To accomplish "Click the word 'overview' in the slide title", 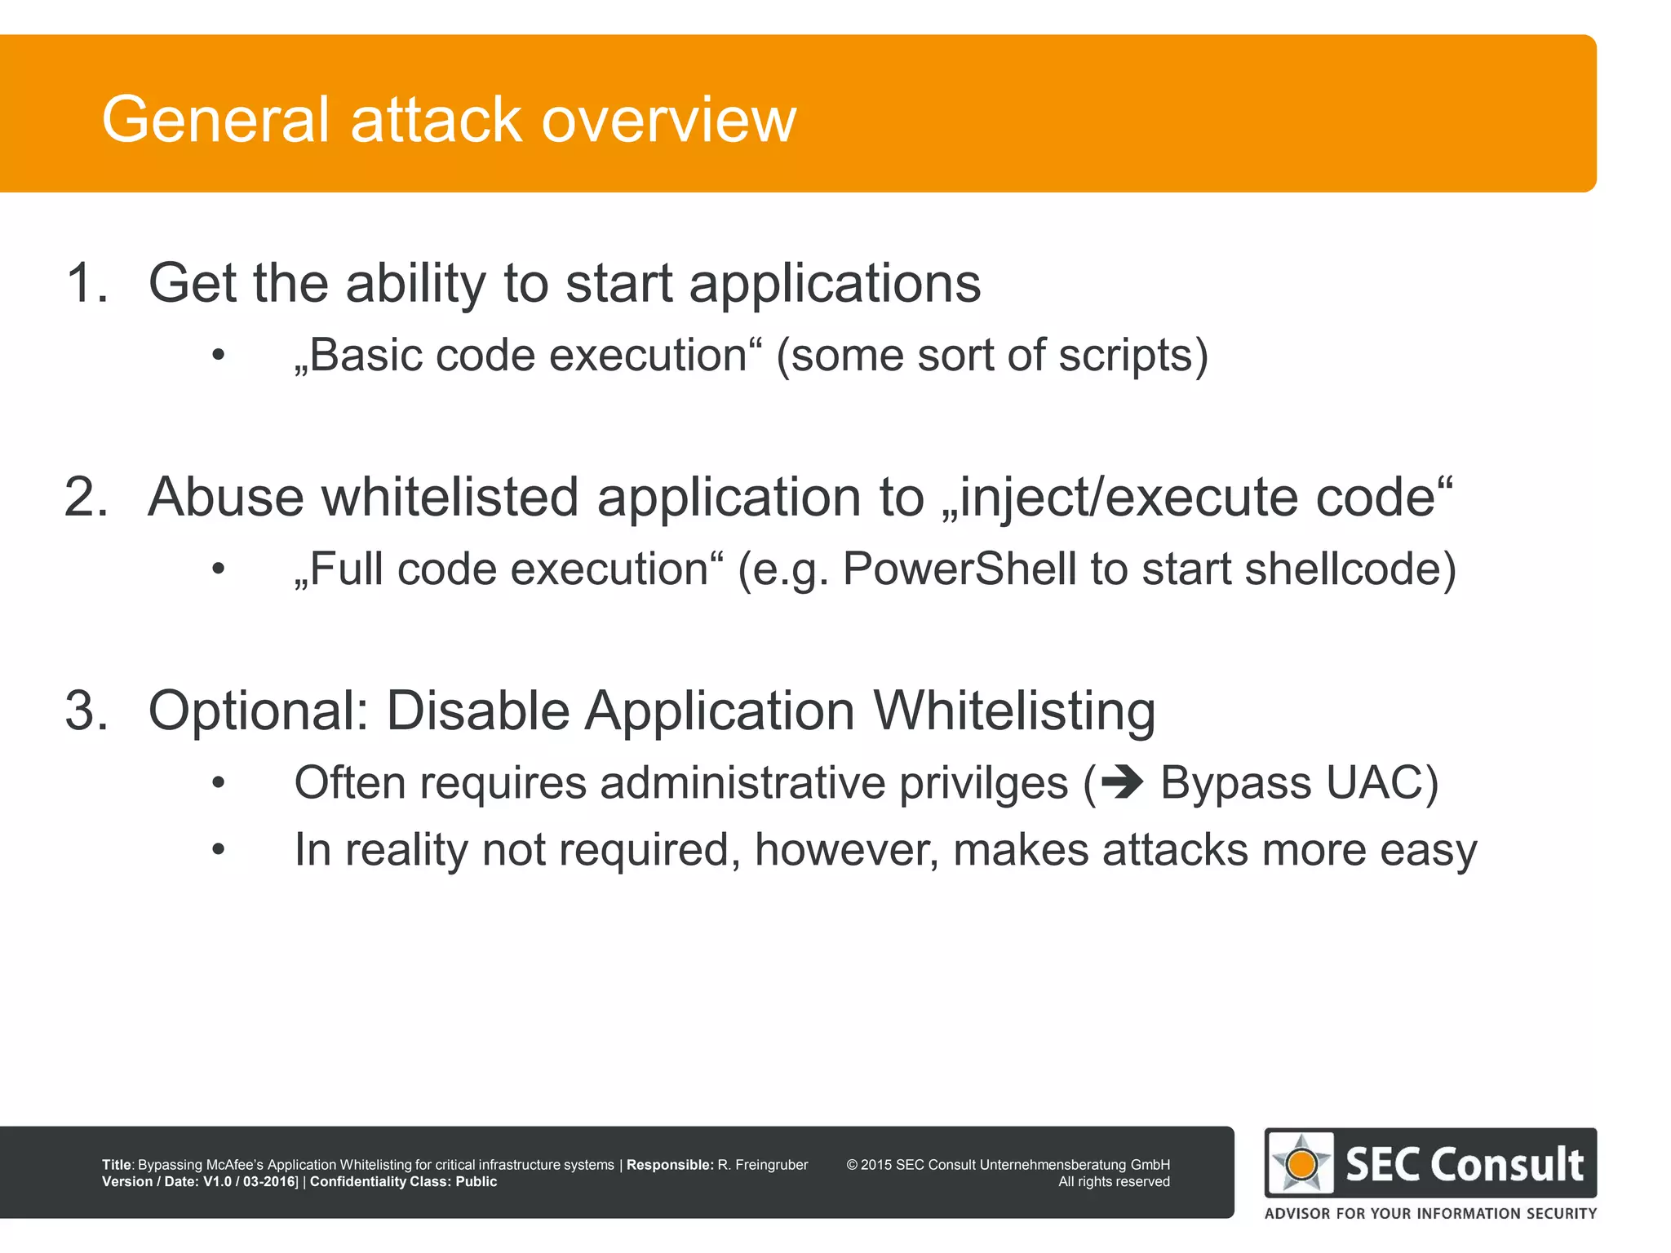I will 668,120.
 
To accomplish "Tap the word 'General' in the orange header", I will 215,120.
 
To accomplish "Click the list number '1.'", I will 86,283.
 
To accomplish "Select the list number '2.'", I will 86,497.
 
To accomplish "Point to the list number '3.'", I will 86,711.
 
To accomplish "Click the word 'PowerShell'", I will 960,569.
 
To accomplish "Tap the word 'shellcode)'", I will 1350,569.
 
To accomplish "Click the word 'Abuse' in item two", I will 225,497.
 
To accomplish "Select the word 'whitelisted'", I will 450,497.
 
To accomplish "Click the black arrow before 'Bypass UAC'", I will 1122,783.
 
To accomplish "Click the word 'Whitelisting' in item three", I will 1014,711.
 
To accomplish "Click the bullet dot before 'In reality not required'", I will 218,850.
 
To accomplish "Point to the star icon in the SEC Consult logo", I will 1301,1163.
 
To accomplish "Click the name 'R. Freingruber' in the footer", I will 762,1165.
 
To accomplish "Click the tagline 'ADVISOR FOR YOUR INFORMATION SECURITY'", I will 1430,1214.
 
